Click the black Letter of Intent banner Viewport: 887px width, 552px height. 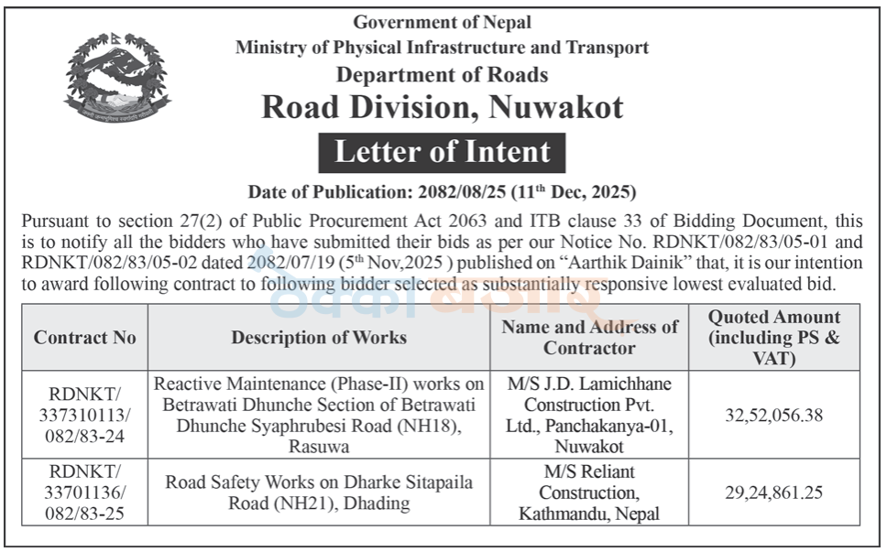click(x=442, y=152)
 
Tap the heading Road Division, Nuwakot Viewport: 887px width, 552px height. click(x=442, y=107)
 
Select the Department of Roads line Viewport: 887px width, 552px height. click(x=442, y=74)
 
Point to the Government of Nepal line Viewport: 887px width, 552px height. click(x=442, y=22)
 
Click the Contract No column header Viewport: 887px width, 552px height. click(x=84, y=337)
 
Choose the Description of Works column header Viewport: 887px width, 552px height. click(x=319, y=337)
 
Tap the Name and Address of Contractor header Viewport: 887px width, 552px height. click(x=589, y=337)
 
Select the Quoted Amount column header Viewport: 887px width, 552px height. click(x=773, y=337)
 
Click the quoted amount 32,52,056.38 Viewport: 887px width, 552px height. click(x=773, y=415)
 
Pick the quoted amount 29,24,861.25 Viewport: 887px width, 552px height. click(x=773, y=493)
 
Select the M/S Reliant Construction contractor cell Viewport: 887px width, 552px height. click(x=589, y=493)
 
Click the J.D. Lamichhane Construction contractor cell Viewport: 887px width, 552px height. click(x=589, y=415)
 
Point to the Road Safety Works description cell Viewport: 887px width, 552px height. click(x=319, y=493)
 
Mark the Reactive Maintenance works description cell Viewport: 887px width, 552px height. click(x=319, y=415)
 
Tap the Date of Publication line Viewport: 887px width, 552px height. click(x=442, y=192)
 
